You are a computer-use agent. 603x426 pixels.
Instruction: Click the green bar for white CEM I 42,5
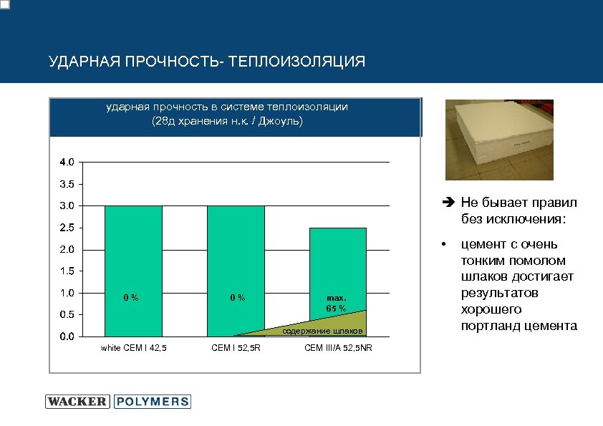click(x=133, y=251)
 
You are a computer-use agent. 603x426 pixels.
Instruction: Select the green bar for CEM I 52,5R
click(x=236, y=251)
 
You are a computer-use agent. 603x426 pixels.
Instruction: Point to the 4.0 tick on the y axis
click(x=65, y=163)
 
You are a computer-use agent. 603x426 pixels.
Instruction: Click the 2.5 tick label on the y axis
click(x=65, y=228)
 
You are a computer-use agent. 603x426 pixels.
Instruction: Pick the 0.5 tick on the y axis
click(x=65, y=314)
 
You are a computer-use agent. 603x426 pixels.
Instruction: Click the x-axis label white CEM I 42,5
click(x=133, y=348)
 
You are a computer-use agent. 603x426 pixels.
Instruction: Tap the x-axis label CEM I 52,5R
click(x=236, y=348)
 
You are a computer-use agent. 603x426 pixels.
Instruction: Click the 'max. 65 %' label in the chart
click(x=336, y=303)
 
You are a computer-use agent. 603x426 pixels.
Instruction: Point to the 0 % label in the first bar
click(x=130, y=297)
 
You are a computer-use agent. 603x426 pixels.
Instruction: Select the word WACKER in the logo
click(x=77, y=402)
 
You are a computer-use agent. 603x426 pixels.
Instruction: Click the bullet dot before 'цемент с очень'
click(x=445, y=245)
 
